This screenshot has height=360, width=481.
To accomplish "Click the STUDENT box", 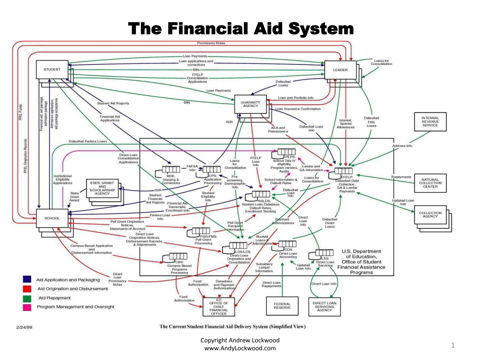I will click(x=52, y=69).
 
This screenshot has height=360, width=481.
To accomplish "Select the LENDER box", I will click(x=340, y=70).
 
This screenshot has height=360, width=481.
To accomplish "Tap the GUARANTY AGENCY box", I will click(x=250, y=104).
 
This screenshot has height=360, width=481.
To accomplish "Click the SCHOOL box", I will click(x=52, y=218).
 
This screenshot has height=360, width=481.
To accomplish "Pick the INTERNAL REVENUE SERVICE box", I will click(x=430, y=122).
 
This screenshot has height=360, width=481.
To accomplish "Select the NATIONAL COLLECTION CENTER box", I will click(x=430, y=183).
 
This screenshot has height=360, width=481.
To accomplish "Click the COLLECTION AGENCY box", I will click(x=430, y=215).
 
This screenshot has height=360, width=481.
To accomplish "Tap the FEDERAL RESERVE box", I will click(x=282, y=306).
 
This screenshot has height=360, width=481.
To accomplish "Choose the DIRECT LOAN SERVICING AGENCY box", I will click(x=324, y=307).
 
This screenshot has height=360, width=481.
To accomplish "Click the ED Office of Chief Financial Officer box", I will click(x=219, y=307).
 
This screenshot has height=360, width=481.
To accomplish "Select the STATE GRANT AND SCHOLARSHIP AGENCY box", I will click(x=102, y=188).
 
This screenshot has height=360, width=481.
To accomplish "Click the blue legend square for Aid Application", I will click(x=27, y=279).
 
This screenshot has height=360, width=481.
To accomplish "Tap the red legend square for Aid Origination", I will click(x=27, y=288).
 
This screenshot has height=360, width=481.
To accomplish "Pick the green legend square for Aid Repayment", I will click(x=27, y=298).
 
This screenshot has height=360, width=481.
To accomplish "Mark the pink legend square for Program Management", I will click(x=27, y=307).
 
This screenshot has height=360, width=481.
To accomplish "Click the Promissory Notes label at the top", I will click(x=211, y=43).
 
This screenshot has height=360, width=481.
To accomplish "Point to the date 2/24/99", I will click(x=24, y=327).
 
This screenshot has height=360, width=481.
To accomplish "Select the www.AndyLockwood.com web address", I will click(x=240, y=348).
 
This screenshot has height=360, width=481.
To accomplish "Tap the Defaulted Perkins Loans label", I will click(x=88, y=141).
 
